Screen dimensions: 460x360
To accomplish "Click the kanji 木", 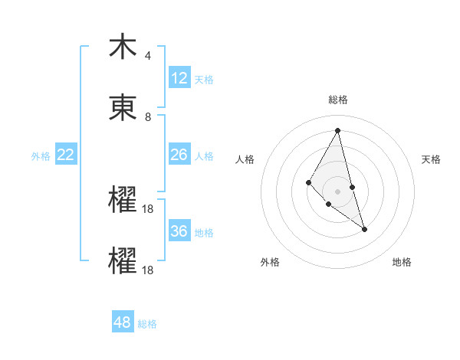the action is coord(123,47).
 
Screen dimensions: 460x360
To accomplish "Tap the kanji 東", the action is coord(123,108).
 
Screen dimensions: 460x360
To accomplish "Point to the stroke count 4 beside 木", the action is coord(148,56).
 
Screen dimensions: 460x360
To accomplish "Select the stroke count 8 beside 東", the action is coord(148,117).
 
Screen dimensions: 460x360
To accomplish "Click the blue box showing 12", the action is coord(179,78).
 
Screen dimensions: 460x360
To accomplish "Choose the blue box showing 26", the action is coord(179,155).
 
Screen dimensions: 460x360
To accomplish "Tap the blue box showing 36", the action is coord(179,231).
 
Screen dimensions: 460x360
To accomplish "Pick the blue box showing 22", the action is coord(66,155).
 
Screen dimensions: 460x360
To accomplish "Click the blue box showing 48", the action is coord(123,322).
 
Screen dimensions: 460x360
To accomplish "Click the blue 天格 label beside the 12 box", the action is coord(204,80).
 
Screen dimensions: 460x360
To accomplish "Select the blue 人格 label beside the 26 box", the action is coord(204,156).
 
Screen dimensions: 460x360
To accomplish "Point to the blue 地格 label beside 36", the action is coord(204,233).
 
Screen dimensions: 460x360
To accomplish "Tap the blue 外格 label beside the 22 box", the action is coord(41,156).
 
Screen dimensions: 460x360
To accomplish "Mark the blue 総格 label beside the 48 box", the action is coord(147,324).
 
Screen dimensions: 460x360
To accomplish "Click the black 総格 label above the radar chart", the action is coord(338,100).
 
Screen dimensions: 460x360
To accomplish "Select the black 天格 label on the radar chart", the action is coord(432,159).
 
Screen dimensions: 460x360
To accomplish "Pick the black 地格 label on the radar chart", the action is coord(402,262).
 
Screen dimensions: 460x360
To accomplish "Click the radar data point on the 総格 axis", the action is coord(338,130).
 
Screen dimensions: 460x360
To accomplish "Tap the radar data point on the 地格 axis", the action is coord(364,229).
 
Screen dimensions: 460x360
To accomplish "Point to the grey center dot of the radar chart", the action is coord(338,191).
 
